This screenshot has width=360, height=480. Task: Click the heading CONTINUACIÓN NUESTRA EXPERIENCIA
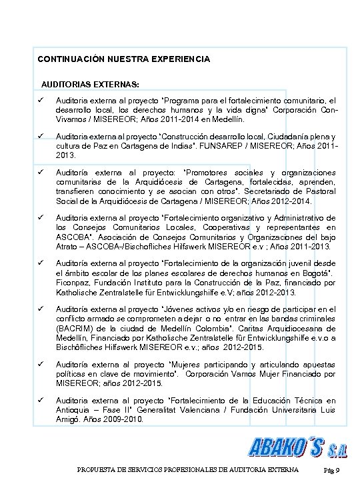124,59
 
